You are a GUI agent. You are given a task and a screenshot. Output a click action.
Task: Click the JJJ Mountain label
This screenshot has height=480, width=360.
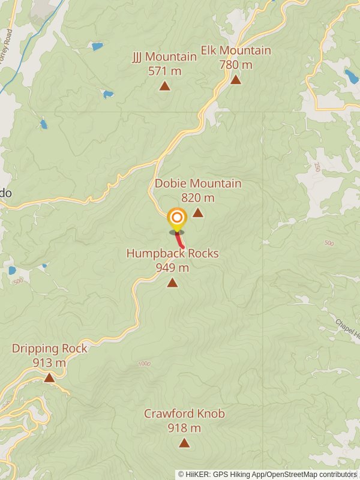click(x=164, y=57)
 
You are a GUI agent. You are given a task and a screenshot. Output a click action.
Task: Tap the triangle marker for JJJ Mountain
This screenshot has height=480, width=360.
click(x=164, y=86)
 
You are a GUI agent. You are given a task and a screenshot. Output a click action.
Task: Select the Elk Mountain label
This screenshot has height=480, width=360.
click(x=236, y=50)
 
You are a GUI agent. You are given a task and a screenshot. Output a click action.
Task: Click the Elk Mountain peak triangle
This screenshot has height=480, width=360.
click(x=236, y=79)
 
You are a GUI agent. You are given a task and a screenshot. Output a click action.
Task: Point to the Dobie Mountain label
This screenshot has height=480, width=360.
click(x=198, y=184)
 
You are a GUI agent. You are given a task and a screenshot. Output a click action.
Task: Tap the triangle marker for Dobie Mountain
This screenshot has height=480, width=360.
click(x=197, y=212)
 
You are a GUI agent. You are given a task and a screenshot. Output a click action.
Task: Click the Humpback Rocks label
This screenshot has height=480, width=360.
click(x=172, y=254)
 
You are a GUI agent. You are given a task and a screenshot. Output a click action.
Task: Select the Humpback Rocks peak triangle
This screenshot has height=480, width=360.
click(x=172, y=283)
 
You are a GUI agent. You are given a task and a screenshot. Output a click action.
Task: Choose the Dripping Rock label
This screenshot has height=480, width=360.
click(x=49, y=349)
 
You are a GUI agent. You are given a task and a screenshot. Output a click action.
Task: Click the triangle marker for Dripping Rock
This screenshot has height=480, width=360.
click(x=49, y=377)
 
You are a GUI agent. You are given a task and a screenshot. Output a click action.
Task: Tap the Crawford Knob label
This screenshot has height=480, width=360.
click(x=184, y=414)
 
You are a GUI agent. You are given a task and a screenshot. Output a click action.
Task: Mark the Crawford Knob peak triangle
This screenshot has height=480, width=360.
click(x=184, y=443)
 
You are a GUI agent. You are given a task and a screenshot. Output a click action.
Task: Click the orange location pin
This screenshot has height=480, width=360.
click(x=176, y=218)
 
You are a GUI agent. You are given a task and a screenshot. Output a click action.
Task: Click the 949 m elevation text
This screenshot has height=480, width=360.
click(x=172, y=268)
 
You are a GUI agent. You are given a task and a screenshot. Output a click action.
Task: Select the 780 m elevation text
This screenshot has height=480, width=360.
click(x=236, y=64)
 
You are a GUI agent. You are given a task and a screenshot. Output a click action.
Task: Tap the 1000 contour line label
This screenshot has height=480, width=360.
click(x=144, y=364)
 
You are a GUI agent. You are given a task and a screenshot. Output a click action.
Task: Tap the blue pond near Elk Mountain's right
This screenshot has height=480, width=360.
click(x=351, y=76)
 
